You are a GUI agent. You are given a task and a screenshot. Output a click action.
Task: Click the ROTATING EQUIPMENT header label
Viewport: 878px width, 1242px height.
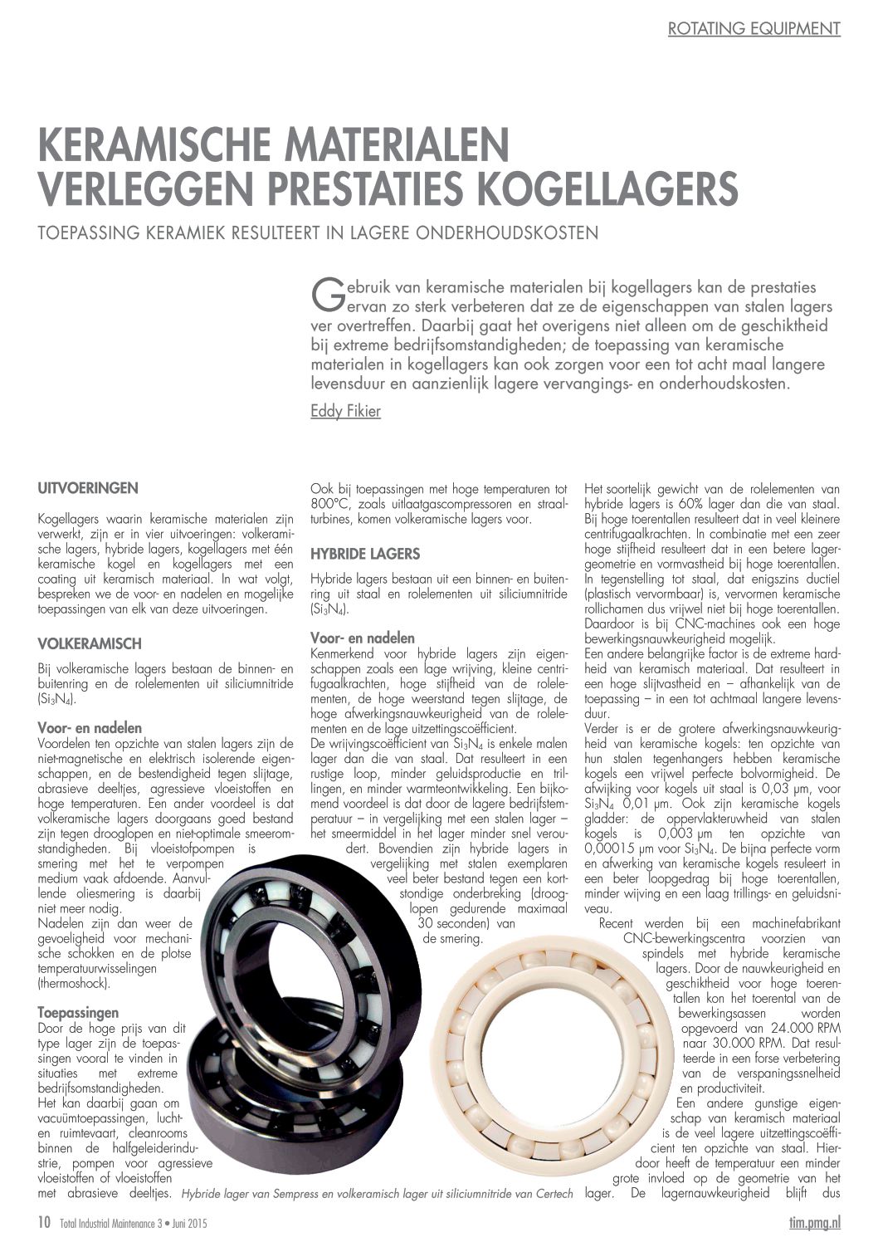click(x=754, y=28)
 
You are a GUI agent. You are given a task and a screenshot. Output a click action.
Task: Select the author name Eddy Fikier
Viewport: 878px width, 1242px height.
click(x=345, y=411)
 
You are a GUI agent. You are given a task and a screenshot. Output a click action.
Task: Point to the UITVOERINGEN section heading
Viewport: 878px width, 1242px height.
click(x=88, y=487)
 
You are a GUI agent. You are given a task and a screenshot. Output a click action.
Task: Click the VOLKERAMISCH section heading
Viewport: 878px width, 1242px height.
click(x=90, y=643)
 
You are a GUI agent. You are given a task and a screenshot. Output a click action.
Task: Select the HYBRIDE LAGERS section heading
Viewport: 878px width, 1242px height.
click(x=365, y=554)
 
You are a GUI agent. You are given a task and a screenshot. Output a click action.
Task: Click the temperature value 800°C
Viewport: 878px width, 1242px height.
click(x=326, y=505)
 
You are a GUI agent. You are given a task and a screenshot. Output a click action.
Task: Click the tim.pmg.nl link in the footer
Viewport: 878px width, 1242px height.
click(x=814, y=1223)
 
